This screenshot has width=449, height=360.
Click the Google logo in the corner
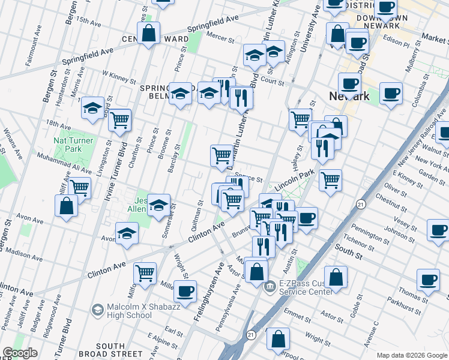(x=20, y=353)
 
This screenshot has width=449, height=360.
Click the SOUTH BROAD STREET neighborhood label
(x=110, y=350)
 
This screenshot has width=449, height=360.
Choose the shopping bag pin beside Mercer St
(x=148, y=34)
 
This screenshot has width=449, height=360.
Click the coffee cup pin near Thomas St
(x=429, y=280)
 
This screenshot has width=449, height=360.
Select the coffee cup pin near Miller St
(x=185, y=290)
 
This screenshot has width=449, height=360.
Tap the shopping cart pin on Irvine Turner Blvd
(x=120, y=120)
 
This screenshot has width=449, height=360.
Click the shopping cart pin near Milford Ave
(x=145, y=274)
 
